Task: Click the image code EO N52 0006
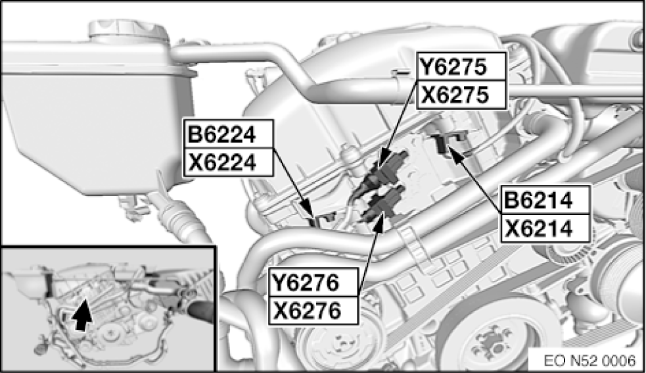click(x=589, y=361)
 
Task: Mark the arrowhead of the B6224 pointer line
click(x=308, y=209)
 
